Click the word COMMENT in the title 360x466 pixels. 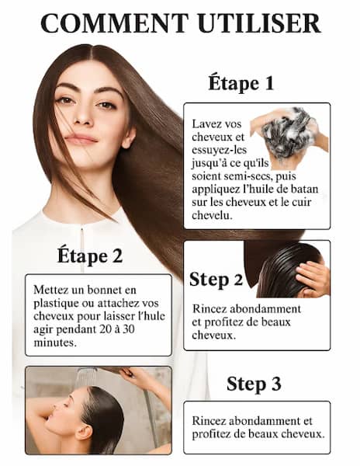[x=115, y=23]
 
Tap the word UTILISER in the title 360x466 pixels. [x=259, y=23]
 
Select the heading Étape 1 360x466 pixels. [x=241, y=83]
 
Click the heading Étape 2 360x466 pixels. [x=90, y=256]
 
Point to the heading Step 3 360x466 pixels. [x=254, y=384]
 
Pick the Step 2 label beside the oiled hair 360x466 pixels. [x=216, y=280]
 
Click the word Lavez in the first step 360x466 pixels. [x=205, y=124]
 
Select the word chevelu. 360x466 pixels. [x=212, y=215]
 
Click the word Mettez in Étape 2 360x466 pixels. [x=50, y=290]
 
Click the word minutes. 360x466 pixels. [x=55, y=343]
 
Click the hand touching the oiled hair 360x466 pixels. [x=313, y=279]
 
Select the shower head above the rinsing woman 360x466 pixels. [x=86, y=375]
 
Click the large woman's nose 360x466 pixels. [x=83, y=116]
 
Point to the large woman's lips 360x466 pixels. [x=81, y=138]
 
